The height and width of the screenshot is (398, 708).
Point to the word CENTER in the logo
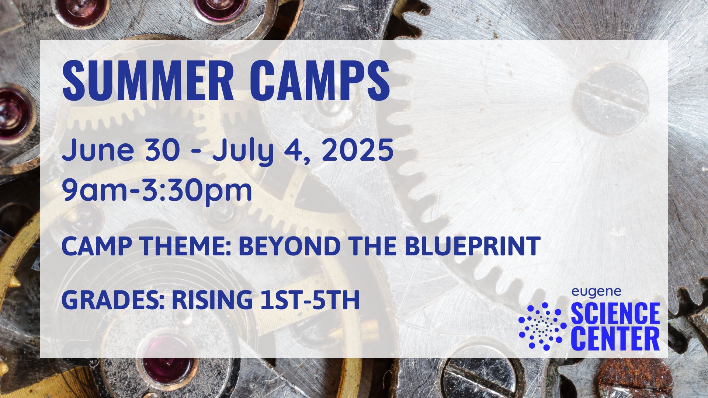pyautogui.click(x=615, y=339)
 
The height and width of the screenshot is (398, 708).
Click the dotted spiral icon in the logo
pyautogui.click(x=542, y=326)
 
